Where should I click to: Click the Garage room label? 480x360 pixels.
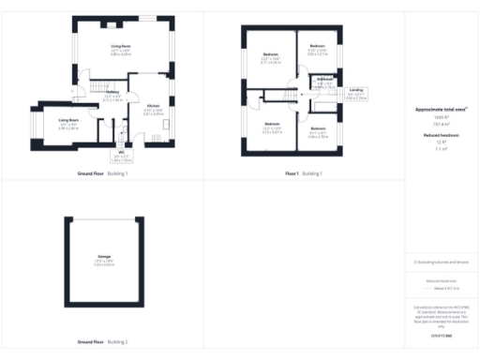tap(104, 255)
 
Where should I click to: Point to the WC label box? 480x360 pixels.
tap(122, 154)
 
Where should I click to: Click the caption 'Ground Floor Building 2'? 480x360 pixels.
tap(104, 341)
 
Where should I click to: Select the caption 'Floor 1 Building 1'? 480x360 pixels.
tap(303, 173)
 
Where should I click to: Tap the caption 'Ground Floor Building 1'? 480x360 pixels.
tap(104, 173)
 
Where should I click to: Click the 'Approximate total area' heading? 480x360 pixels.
tap(440, 109)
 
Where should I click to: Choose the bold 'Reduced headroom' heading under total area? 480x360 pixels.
tap(440, 136)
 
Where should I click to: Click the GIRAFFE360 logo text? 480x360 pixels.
tap(440, 335)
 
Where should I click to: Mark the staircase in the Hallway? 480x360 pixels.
tap(93, 87)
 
